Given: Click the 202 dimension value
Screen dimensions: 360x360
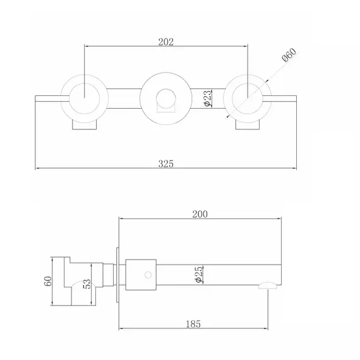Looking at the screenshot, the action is [165, 42].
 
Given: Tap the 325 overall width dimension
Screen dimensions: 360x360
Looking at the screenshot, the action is [165, 164].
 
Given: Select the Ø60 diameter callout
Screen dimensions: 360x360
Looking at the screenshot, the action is [289, 55].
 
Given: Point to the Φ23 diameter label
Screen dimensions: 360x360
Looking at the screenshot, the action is [208, 98].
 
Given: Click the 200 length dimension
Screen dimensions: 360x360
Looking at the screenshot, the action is [200, 214].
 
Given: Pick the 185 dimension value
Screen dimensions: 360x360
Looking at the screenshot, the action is [193, 324].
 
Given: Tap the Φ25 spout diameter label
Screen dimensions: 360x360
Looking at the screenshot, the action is [199, 274].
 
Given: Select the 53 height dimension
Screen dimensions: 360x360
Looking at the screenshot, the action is [87, 284].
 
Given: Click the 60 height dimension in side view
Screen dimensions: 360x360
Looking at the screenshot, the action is [48, 281].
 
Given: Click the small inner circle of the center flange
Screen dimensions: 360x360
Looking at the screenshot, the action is [165, 99].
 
